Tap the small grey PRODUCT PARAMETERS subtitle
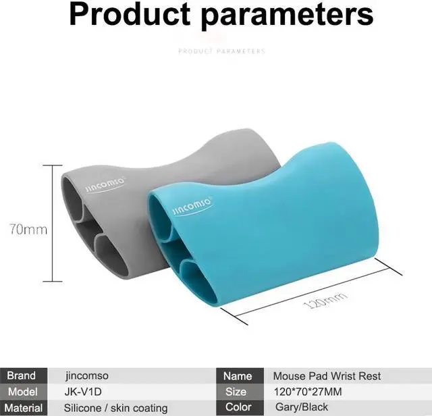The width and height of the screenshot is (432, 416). (x=221, y=51)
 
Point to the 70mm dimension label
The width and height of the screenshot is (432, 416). (x=28, y=230)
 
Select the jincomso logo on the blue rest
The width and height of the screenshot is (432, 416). (x=192, y=205)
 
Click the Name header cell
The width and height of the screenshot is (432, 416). (x=237, y=376)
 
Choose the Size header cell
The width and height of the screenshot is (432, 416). (x=237, y=392)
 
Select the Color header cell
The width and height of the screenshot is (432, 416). (x=237, y=408)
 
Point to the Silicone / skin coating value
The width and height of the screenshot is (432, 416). (x=115, y=408)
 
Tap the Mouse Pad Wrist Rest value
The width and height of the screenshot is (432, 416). (x=327, y=376)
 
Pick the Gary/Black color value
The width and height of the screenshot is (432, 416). (x=300, y=408)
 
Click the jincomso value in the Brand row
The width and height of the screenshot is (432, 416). (x=87, y=376)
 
